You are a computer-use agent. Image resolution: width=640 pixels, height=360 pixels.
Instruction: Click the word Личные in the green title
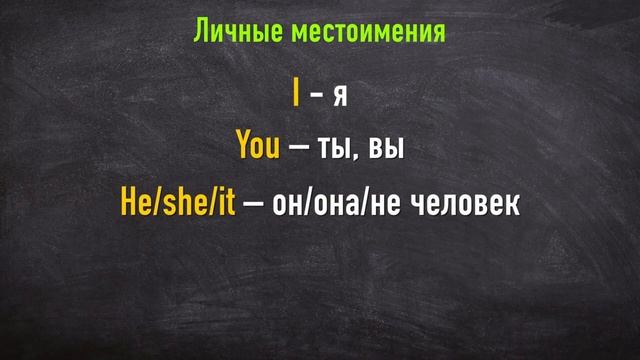(237, 33)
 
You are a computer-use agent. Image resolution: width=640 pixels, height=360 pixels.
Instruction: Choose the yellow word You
(258, 147)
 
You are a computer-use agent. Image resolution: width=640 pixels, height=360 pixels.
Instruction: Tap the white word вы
(386, 149)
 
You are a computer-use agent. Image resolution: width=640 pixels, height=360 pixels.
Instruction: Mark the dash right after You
(298, 148)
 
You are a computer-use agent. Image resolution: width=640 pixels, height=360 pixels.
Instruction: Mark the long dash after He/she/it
(254, 204)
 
